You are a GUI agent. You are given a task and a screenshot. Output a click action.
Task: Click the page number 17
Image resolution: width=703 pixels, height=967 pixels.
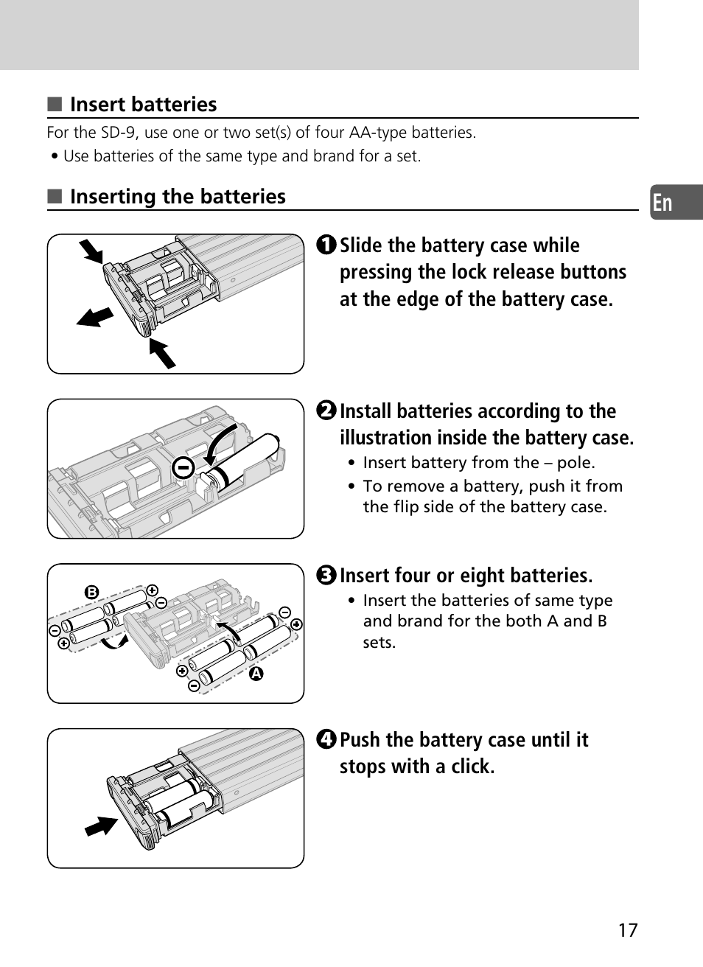tap(627, 930)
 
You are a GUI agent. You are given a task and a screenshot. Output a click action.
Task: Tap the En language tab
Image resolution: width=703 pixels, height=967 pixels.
tap(663, 203)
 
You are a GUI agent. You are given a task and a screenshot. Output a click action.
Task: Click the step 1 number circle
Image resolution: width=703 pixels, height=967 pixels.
tap(327, 245)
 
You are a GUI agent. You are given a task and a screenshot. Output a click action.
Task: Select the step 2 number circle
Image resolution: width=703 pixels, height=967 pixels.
tap(327, 411)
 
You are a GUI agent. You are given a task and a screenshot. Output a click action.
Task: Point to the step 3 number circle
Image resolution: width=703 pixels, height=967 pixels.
tap(327, 575)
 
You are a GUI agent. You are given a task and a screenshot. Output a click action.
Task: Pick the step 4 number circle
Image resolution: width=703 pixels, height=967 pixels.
tap(327, 739)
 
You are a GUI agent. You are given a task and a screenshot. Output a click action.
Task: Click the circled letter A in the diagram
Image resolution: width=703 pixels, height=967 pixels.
tap(256, 674)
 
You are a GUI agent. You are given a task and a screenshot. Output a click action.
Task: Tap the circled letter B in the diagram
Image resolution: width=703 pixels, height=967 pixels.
tap(91, 592)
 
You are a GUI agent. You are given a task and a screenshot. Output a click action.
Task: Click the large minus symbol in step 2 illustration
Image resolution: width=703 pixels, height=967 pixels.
tap(183, 467)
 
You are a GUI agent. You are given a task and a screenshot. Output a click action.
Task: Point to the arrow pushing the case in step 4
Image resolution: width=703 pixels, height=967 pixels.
tap(101, 825)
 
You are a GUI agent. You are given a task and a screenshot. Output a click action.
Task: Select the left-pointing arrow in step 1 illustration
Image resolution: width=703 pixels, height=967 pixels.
tap(96, 317)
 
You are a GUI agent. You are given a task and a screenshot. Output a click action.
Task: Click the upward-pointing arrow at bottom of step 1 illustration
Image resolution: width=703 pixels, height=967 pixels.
tap(162, 353)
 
